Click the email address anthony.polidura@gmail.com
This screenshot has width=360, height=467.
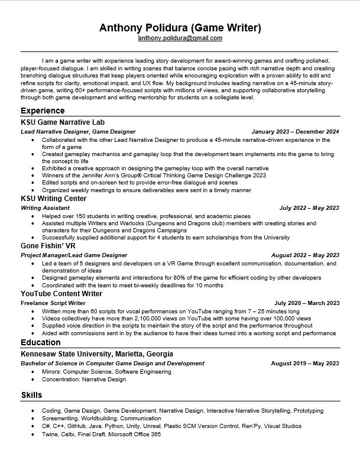180,38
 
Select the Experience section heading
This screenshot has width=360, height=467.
43,111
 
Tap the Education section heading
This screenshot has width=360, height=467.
40,343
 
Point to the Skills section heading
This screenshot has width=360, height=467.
31,395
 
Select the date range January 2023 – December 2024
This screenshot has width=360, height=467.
295,131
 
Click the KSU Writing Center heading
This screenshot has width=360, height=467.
53,199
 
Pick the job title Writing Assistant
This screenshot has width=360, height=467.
45,208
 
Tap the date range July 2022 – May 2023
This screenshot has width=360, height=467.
309,208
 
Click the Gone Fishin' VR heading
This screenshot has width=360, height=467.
48,246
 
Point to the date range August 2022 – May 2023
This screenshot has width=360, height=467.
305,255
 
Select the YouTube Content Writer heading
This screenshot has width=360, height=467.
61,294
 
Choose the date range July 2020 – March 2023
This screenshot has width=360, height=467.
307,303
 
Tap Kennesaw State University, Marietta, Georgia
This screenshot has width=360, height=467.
97,354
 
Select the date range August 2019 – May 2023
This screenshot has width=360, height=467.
305,364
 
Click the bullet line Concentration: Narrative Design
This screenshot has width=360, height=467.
84,380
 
